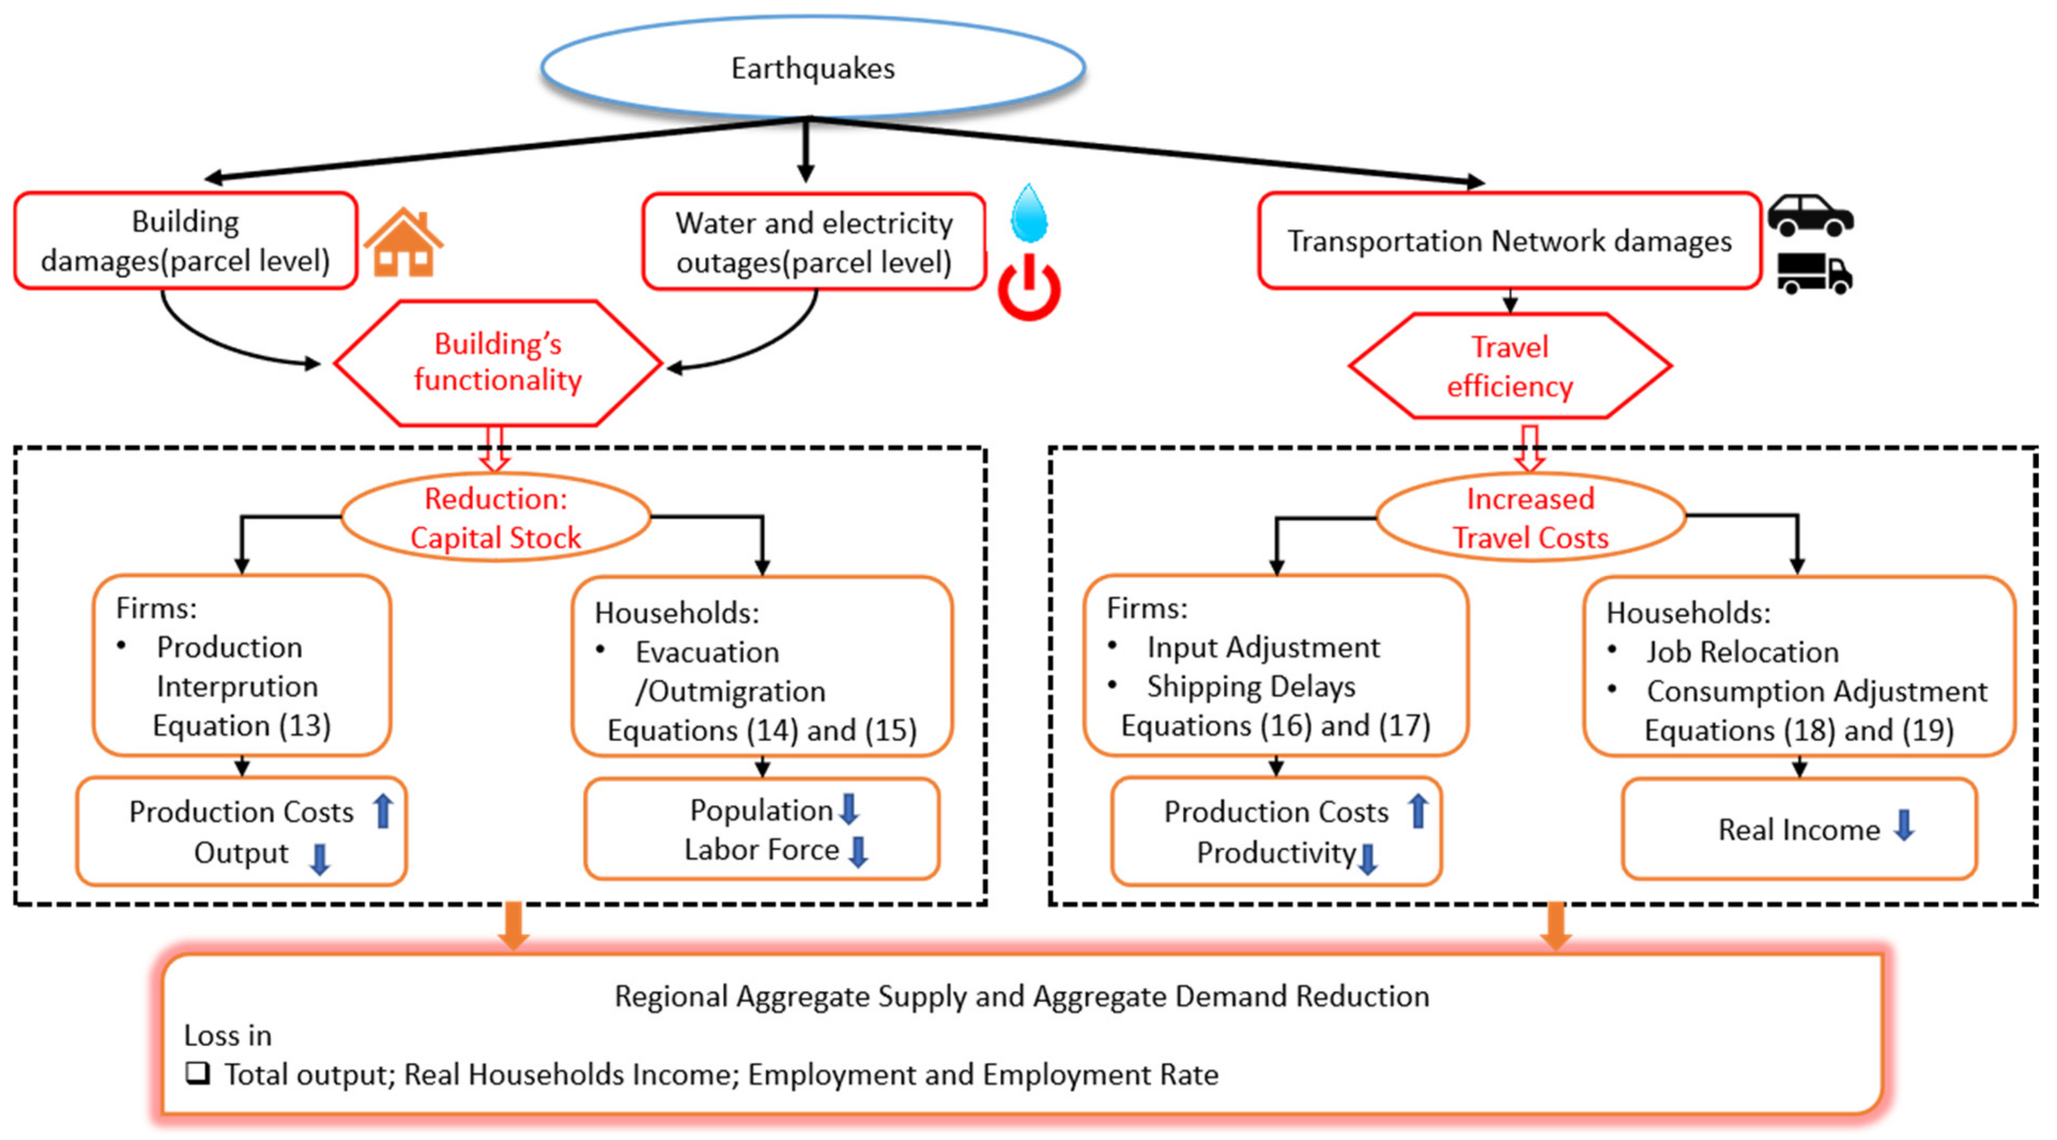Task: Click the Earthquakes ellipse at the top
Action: [x=812, y=68]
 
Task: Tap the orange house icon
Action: [x=403, y=243]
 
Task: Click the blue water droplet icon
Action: [x=1028, y=214]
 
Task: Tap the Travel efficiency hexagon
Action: [x=1509, y=366]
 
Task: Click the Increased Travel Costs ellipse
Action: [x=1530, y=517]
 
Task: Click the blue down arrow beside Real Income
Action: [x=1905, y=825]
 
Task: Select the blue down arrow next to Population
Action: [x=850, y=809]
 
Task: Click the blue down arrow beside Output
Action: [x=319, y=859]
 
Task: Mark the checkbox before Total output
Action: [x=197, y=1073]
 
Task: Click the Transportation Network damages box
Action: [x=1509, y=240]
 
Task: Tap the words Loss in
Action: [x=228, y=1035]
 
